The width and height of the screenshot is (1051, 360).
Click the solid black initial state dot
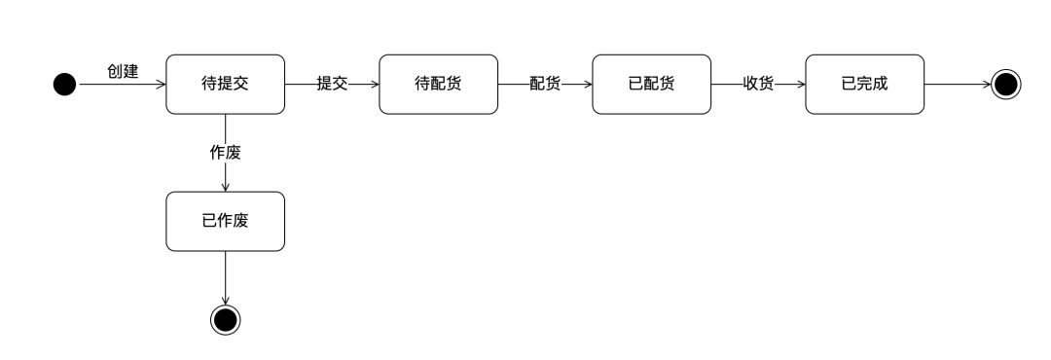pos(64,85)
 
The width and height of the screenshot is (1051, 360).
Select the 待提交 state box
pos(225,85)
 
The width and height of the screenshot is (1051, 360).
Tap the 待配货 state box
pos(438,85)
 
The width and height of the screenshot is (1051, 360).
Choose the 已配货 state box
pos(651,85)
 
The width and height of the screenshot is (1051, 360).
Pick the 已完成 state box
pos(864,85)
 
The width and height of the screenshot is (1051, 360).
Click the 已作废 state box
pos(225,220)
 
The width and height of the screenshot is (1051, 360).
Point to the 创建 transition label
pos(123,71)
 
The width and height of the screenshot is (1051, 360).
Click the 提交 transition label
pos(332,85)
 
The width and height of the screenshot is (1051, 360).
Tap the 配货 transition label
pos(545,85)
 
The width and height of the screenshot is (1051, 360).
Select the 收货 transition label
pos(758,85)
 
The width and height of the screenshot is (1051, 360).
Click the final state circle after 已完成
pos(1006,85)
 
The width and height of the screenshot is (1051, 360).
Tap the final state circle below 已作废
pos(225,318)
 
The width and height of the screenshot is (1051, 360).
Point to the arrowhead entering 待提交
pos(161,85)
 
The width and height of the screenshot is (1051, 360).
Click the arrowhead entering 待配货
pos(374,85)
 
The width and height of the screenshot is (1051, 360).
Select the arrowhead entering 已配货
pos(587,85)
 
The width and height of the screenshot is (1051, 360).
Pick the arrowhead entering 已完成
pos(800,85)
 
